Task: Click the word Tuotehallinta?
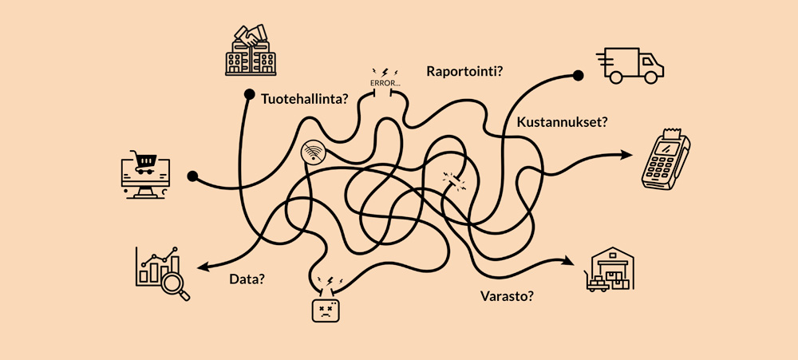(x=304, y=100)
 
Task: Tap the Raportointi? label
(x=464, y=71)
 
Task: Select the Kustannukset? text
(x=562, y=123)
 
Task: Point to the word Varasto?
(x=508, y=296)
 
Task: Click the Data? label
(x=247, y=279)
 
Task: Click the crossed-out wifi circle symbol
(x=312, y=153)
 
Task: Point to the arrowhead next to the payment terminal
(x=625, y=155)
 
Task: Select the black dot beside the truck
(x=578, y=77)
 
